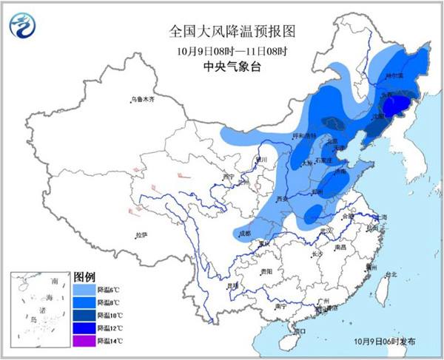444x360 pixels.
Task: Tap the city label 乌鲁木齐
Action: point(142,98)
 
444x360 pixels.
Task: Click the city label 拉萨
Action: point(141,235)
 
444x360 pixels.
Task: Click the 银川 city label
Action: point(260,158)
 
